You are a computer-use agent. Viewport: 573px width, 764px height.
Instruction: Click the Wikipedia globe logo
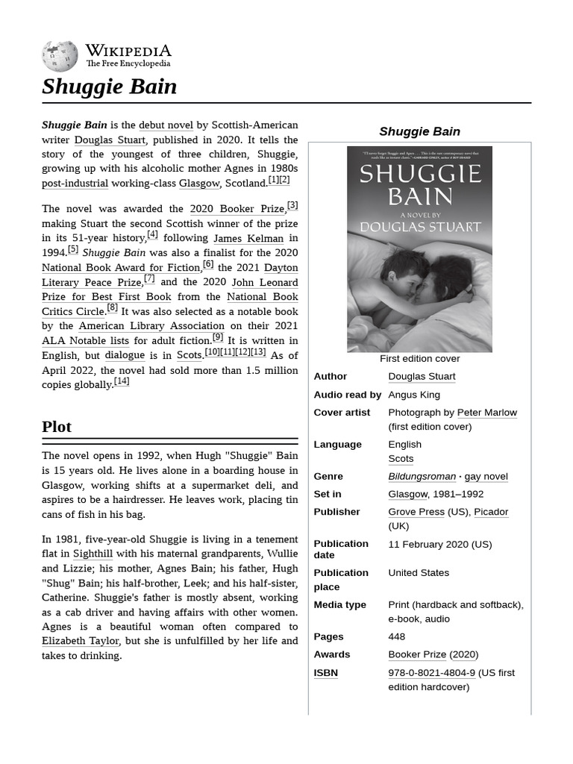[x=60, y=57]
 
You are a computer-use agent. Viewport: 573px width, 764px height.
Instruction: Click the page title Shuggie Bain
[x=110, y=87]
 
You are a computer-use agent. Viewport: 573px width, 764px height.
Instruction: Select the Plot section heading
[x=57, y=427]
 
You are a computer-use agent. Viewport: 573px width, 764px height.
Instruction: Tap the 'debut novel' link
[x=166, y=125]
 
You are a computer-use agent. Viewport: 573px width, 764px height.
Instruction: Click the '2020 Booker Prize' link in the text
[x=237, y=209]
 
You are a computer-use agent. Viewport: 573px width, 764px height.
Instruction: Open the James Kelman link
[x=248, y=239]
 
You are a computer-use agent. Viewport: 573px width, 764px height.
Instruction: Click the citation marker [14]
[x=122, y=381]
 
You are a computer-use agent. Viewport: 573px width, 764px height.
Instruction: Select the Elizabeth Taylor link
[x=81, y=641]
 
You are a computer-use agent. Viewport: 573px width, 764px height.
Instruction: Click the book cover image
[x=419, y=248]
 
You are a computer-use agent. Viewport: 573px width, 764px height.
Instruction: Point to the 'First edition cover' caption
[x=419, y=359]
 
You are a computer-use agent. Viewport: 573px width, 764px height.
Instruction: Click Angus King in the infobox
[x=414, y=395]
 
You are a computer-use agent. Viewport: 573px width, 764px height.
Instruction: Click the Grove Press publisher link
[x=416, y=512]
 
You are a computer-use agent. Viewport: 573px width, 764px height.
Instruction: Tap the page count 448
[x=397, y=637]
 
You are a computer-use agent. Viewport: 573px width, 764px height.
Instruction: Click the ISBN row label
[x=325, y=673]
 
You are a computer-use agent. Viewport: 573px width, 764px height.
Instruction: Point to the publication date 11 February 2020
[x=439, y=545]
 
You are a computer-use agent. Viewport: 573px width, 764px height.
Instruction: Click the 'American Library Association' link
[x=151, y=326]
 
